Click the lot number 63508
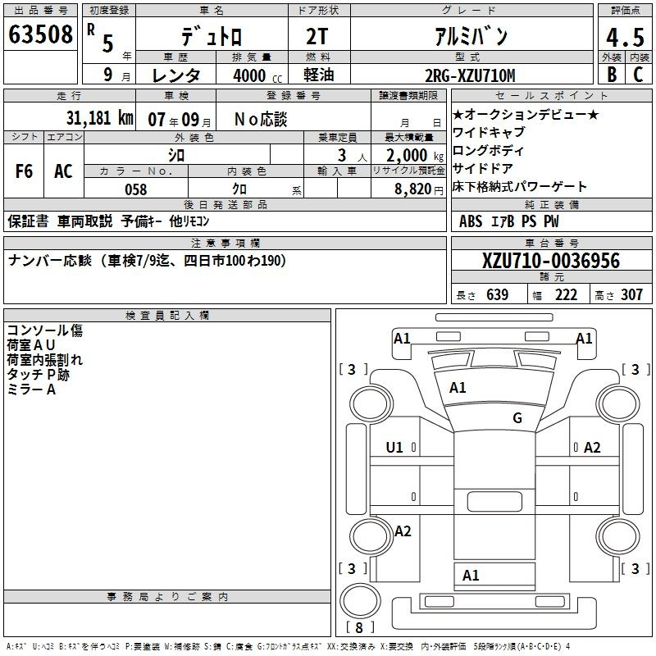tap(40, 34)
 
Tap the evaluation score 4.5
tap(625, 38)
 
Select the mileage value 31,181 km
tap(100, 118)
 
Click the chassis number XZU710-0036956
tap(551, 261)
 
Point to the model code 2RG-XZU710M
tap(470, 75)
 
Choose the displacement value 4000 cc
tap(257, 75)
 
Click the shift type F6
tap(24, 171)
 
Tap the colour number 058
tap(136, 189)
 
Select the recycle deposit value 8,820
tap(413, 189)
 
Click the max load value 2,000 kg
tap(415, 156)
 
